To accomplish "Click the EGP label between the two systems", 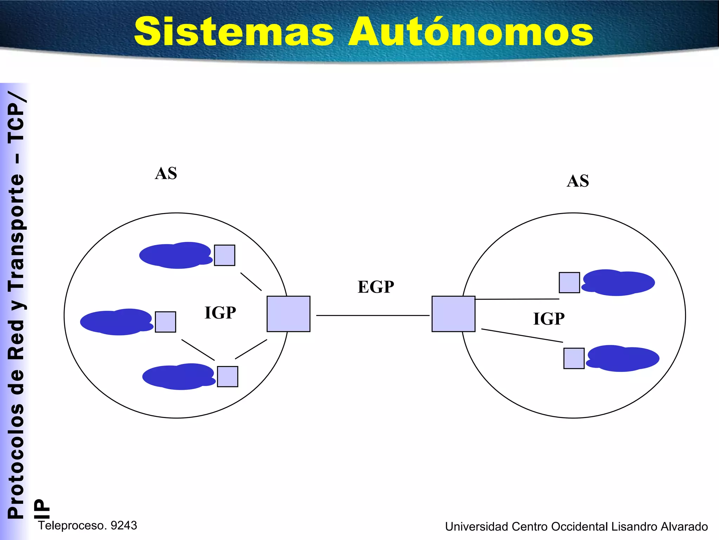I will (x=376, y=287).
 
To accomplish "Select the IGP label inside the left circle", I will (x=220, y=313).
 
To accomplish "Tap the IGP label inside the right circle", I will (x=549, y=319).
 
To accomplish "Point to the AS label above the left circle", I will (x=166, y=173).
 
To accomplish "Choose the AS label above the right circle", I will (x=578, y=181).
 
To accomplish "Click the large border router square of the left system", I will (x=288, y=314).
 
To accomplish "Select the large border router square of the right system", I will (x=453, y=314).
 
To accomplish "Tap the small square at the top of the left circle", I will (x=224, y=255).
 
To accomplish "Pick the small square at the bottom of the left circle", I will (x=227, y=377).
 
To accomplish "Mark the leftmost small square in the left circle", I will (x=165, y=322).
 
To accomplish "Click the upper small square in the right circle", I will (x=569, y=282).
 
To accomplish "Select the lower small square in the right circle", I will (x=574, y=358).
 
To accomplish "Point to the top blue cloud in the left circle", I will (x=176, y=255).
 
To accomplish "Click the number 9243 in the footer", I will (x=124, y=525).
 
